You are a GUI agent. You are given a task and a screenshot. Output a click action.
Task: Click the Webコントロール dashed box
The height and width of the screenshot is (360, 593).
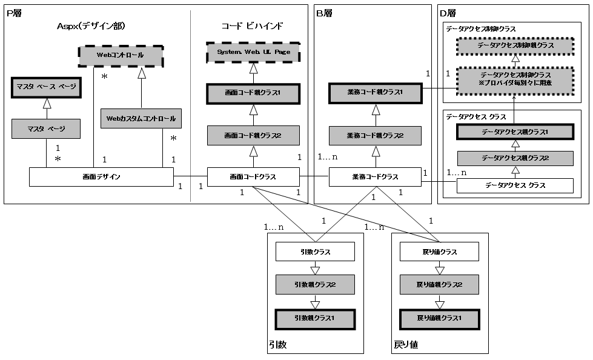pyautogui.click(x=121, y=55)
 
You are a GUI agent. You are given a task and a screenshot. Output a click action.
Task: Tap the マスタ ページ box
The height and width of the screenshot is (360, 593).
pyautogui.click(x=46, y=128)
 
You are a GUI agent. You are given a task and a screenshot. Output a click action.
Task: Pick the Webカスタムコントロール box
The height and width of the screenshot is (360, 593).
pyautogui.click(x=141, y=119)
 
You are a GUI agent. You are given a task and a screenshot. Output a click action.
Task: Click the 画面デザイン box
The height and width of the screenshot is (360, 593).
pyautogui.click(x=102, y=177)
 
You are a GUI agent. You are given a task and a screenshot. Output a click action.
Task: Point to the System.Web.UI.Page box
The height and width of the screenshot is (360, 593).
pyautogui.click(x=254, y=53)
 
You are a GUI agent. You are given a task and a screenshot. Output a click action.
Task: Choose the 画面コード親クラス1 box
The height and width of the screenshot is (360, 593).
pyautogui.click(x=254, y=93)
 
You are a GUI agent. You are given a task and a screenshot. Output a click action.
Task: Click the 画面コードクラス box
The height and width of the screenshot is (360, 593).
pyautogui.click(x=254, y=177)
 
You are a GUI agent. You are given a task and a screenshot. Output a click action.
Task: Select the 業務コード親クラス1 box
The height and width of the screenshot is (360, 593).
pyautogui.click(x=375, y=93)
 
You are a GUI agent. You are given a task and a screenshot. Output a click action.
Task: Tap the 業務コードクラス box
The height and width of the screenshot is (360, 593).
pyautogui.click(x=375, y=177)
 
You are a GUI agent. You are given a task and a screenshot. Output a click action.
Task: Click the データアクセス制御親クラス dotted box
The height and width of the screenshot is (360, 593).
pyautogui.click(x=514, y=46)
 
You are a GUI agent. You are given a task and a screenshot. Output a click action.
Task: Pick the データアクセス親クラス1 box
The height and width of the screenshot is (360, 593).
pyautogui.click(x=514, y=132)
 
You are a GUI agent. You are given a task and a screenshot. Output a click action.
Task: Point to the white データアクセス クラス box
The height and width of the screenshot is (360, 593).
pyautogui.click(x=514, y=185)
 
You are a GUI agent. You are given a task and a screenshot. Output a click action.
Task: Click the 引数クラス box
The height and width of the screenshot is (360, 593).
pyautogui.click(x=315, y=252)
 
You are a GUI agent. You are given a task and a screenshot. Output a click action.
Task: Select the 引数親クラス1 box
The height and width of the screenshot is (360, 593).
pyautogui.click(x=315, y=318)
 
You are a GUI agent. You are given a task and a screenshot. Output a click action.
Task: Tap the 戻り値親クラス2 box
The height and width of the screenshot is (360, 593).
pyautogui.click(x=439, y=284)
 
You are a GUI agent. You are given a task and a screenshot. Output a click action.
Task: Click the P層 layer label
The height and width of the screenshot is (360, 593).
pyautogui.click(x=15, y=13)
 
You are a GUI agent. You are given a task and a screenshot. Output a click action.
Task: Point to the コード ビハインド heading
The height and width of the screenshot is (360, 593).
pyautogui.click(x=252, y=26)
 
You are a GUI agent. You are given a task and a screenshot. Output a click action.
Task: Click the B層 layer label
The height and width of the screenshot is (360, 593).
pyautogui.click(x=324, y=13)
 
